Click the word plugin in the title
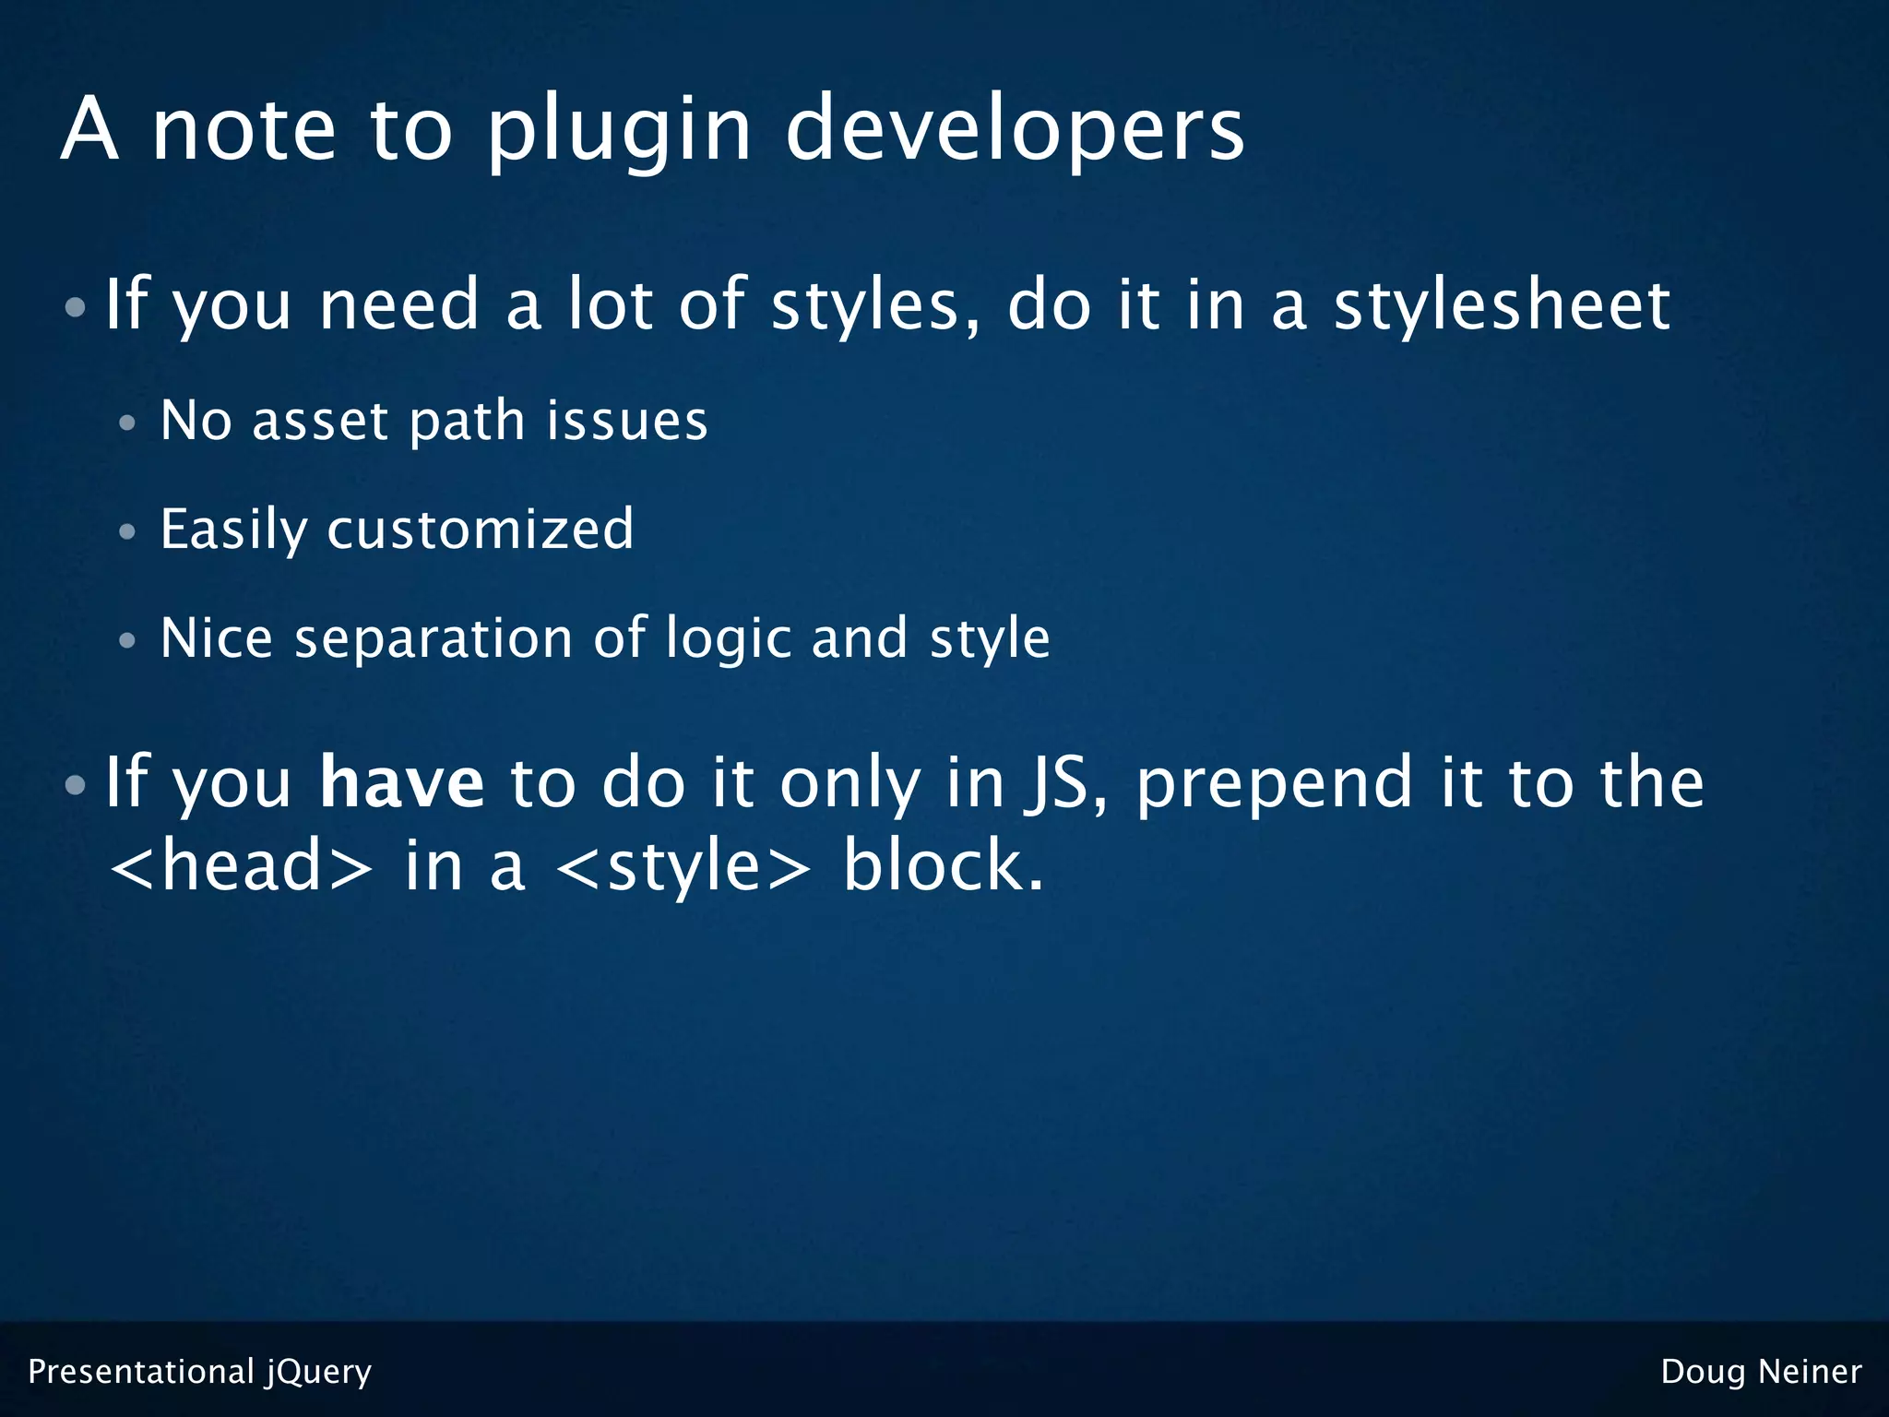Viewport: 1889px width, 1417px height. [x=619, y=131]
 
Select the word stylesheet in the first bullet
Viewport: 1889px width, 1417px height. [x=1502, y=305]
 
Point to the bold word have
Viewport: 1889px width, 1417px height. [x=401, y=782]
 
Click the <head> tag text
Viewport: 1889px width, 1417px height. [x=242, y=866]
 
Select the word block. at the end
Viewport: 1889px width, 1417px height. [x=944, y=866]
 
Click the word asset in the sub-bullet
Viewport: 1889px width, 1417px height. [x=319, y=422]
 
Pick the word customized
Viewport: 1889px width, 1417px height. [x=481, y=530]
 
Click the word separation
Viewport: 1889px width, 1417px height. [x=433, y=638]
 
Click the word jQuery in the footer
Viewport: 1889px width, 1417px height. [x=319, y=1373]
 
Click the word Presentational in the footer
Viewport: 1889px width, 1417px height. [x=141, y=1372]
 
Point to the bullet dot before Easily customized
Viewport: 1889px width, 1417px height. [x=127, y=532]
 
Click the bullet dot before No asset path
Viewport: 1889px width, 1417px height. [x=127, y=423]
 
